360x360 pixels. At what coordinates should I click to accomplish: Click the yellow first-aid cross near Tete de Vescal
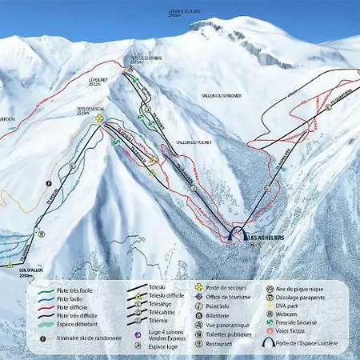point(98,119)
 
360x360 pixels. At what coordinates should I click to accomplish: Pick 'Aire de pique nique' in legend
point(301,286)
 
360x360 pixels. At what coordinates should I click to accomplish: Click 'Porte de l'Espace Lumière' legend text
point(306,343)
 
